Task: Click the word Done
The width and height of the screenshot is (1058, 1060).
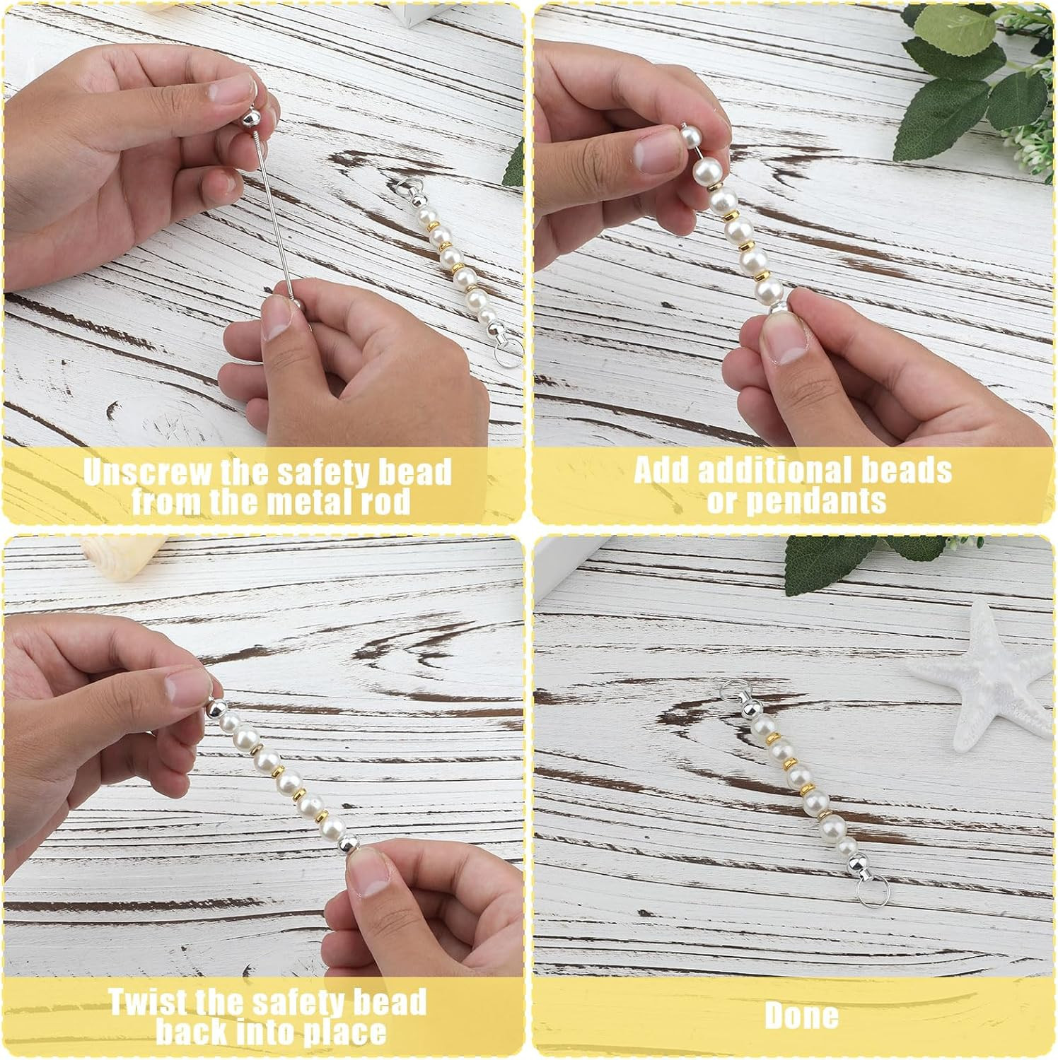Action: (x=801, y=1016)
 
